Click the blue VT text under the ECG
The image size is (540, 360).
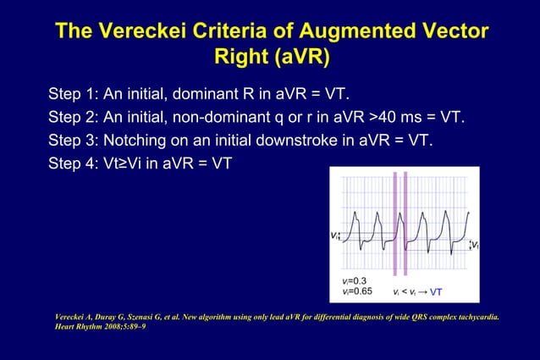pos(436,292)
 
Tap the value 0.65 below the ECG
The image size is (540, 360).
pos(360,291)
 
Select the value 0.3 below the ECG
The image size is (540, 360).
pos(357,280)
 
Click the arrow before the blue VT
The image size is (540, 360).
pos(422,292)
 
